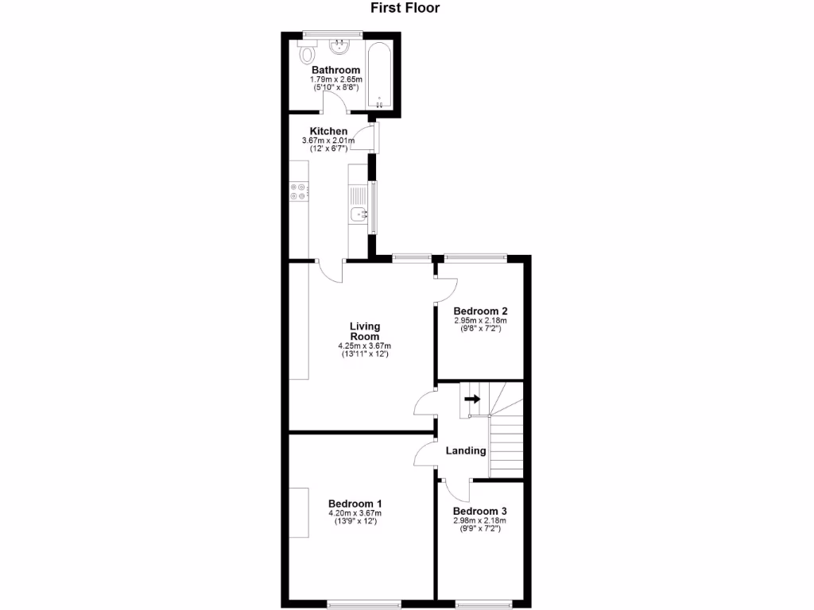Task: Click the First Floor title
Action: pyautogui.click(x=405, y=9)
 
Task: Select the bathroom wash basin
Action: pyautogui.click(x=343, y=45)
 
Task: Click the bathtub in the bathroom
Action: pyautogui.click(x=380, y=75)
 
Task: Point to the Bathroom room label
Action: pyautogui.click(x=335, y=70)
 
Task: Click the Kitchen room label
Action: pyautogui.click(x=328, y=131)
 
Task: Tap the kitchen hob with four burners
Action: pyautogui.click(x=299, y=191)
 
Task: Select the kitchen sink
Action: pyautogui.click(x=359, y=213)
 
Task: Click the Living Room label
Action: pyautogui.click(x=365, y=331)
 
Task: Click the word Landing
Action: pyautogui.click(x=465, y=450)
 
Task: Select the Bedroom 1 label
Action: pyautogui.click(x=355, y=504)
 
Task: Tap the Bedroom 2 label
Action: pyautogui.click(x=480, y=311)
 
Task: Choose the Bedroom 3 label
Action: pyautogui.click(x=480, y=512)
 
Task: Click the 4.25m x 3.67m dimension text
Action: pyautogui.click(x=364, y=346)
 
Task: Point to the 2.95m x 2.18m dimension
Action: pyautogui.click(x=480, y=321)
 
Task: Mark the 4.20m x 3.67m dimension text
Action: pyautogui.click(x=355, y=513)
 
